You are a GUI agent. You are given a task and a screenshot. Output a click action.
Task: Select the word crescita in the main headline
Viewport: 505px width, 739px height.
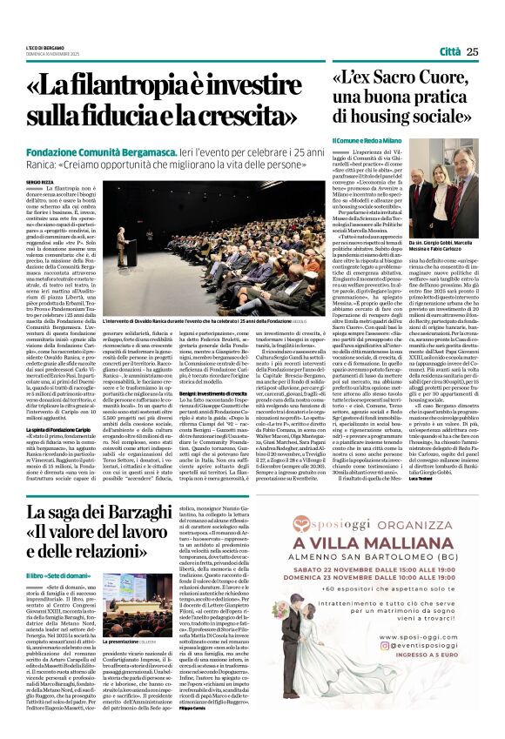262,115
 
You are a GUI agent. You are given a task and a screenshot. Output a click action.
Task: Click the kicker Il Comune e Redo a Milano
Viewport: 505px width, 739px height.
365,141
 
